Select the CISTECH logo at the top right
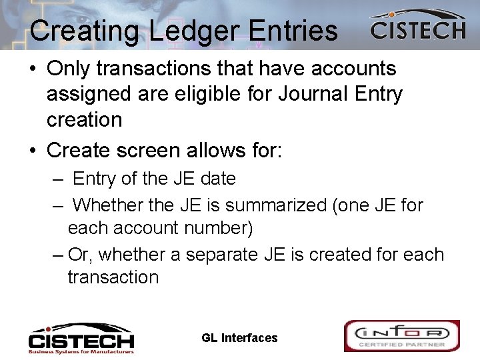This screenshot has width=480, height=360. (x=417, y=26)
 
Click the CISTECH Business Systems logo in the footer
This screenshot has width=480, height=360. (x=81, y=337)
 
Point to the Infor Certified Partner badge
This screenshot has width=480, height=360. (x=401, y=335)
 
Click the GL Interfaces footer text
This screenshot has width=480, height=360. (x=239, y=338)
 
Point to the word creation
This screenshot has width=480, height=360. (x=85, y=120)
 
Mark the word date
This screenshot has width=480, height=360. (x=217, y=179)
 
